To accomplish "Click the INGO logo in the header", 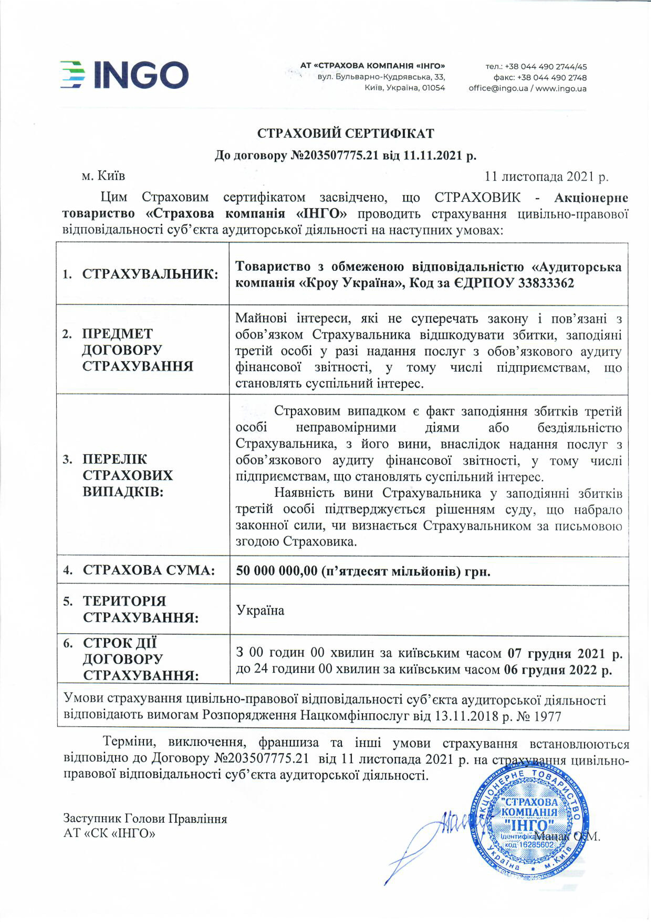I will [x=124, y=75].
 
